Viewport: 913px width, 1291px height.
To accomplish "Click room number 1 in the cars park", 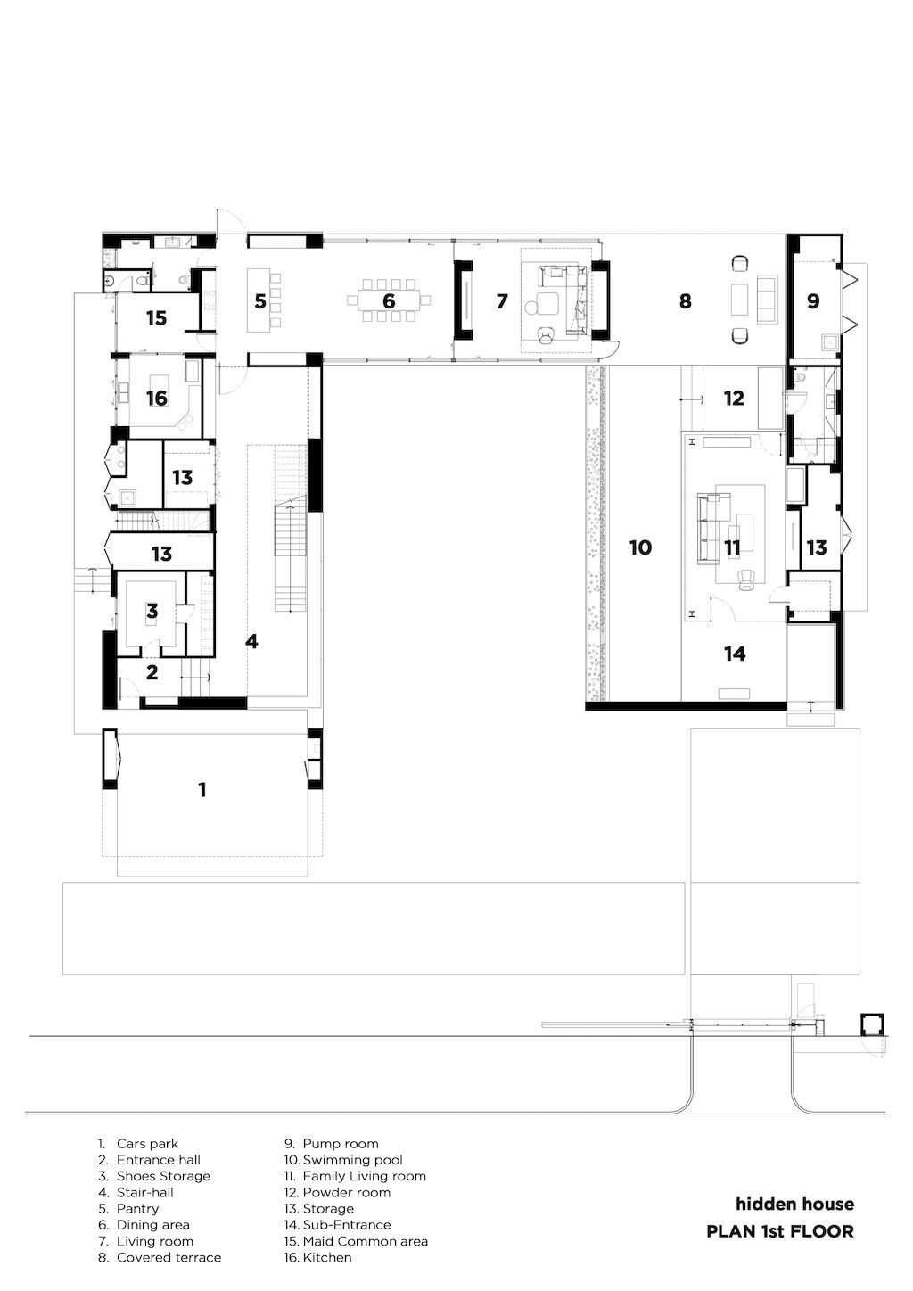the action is [x=202, y=790].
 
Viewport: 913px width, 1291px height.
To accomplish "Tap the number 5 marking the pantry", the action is [x=260, y=301].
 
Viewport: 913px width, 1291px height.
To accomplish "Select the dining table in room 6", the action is [x=389, y=300].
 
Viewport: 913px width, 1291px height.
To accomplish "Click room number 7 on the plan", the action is [x=502, y=300].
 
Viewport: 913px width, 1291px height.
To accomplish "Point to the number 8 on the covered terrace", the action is [x=685, y=300].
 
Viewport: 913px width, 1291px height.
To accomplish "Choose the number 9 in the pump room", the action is [x=813, y=300].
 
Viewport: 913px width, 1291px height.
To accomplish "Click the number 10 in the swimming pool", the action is [x=640, y=547].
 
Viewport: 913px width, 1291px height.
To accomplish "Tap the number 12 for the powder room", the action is [x=734, y=398].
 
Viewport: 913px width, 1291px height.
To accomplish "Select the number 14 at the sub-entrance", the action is [x=735, y=653].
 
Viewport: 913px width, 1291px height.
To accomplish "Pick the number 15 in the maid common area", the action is [x=156, y=318].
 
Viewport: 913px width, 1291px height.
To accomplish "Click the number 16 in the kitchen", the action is [x=157, y=398].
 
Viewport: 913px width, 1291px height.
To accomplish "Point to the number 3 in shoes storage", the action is [x=152, y=611].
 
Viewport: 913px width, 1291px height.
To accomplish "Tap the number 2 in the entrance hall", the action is [x=152, y=672].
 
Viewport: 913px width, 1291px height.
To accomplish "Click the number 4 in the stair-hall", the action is [x=252, y=641].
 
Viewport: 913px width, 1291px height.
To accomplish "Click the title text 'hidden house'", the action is [x=794, y=1204].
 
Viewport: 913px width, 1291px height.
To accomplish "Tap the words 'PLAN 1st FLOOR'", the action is [x=780, y=1231].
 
